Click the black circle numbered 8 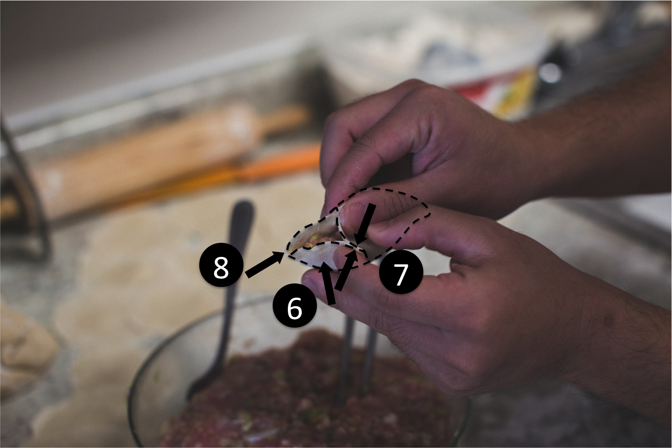coord(221,265)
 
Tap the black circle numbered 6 coord(295,306)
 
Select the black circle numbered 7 coord(401,272)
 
